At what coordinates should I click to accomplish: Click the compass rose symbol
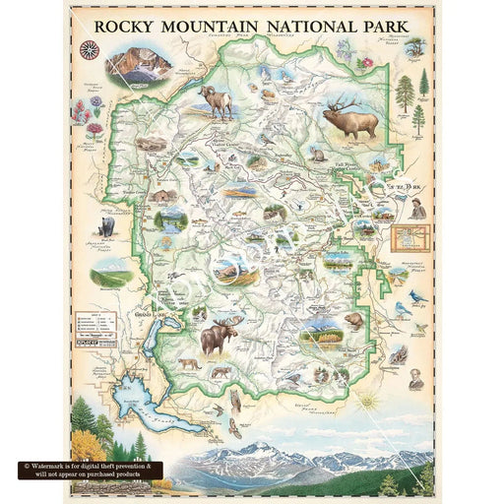pyautogui.click(x=88, y=48)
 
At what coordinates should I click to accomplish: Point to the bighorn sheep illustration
pyautogui.click(x=216, y=98)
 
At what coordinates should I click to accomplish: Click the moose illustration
pyautogui.click(x=219, y=337)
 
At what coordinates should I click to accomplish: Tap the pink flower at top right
pyautogui.click(x=367, y=62)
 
